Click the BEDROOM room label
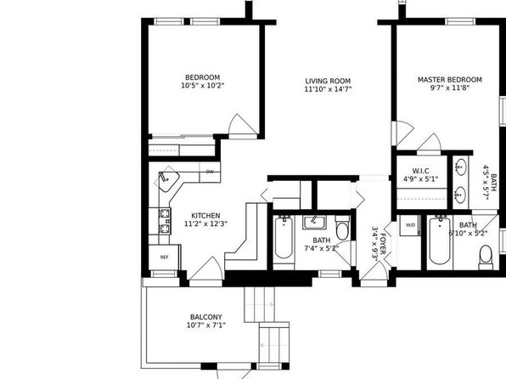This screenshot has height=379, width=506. point(203,77)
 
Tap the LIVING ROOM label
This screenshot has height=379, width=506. point(328,81)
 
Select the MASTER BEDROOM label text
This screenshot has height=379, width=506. point(450,80)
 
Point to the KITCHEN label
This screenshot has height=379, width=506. point(206,216)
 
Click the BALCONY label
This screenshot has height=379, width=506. point(206,317)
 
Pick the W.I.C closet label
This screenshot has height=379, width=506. point(421,171)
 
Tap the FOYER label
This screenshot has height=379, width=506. point(383,244)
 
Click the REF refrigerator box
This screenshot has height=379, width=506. point(164,257)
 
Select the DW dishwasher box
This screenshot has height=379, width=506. point(210,172)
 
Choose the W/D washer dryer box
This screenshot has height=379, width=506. point(410,225)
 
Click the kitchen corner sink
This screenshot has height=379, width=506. point(168,179)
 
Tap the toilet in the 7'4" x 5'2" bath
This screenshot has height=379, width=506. point(342,227)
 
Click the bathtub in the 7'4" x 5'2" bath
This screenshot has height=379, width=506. point(284,238)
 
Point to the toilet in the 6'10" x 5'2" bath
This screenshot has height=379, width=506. point(486,257)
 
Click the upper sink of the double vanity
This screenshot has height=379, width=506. point(459,167)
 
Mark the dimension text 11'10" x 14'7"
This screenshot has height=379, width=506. point(328,89)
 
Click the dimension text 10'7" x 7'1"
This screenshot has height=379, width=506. point(206,325)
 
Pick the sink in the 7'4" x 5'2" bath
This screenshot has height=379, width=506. point(314,223)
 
